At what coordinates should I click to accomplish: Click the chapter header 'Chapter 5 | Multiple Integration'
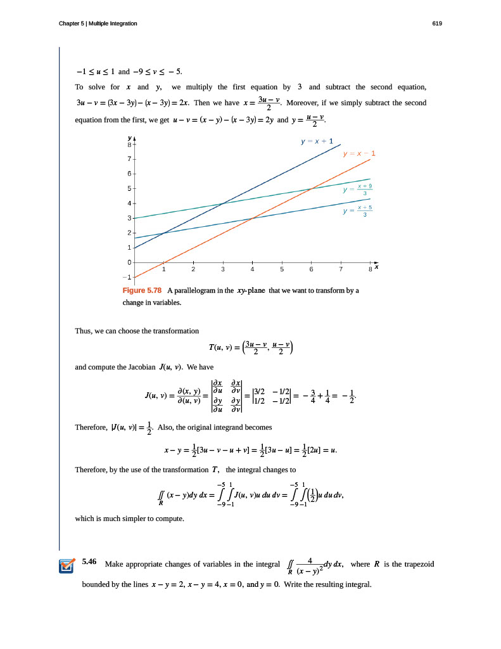click(98, 23)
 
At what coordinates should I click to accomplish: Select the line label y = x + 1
click(317, 141)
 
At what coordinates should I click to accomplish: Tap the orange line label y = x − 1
click(359, 153)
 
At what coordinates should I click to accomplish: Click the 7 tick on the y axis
click(129, 158)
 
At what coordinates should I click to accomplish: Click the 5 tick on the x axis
click(281, 269)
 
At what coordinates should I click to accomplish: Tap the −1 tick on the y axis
click(127, 278)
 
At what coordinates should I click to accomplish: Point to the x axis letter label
click(376, 267)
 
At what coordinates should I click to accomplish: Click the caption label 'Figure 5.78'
click(142, 290)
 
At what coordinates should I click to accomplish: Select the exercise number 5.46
click(89, 562)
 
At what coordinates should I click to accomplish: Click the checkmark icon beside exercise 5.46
click(66, 565)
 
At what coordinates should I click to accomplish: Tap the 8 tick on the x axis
click(370, 269)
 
